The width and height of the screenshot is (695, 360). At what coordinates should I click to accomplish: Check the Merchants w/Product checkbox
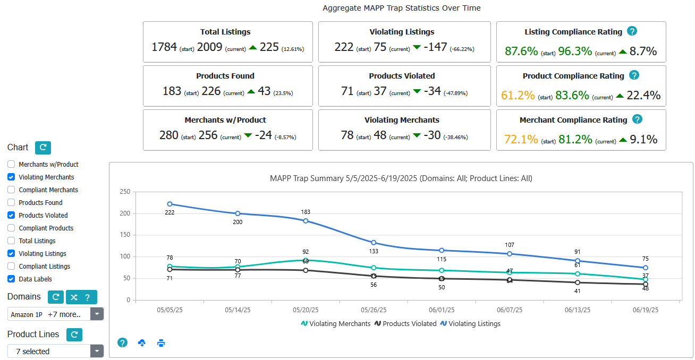11,165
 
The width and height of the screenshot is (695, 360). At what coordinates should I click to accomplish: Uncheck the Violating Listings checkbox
11,254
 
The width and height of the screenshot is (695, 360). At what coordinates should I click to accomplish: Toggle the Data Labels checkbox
11,279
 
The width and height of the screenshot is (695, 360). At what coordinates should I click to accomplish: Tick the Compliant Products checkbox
11,228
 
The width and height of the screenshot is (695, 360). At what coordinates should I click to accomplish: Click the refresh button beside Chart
43,148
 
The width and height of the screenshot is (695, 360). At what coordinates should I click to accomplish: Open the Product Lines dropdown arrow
97,351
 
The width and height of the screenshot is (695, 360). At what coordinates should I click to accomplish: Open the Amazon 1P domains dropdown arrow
97,314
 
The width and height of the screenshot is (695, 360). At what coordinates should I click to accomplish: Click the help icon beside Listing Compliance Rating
632,31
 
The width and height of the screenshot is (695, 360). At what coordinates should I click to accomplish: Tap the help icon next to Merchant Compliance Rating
637,119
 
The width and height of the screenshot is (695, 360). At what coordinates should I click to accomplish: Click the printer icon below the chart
161,343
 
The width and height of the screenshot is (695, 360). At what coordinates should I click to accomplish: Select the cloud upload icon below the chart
142,343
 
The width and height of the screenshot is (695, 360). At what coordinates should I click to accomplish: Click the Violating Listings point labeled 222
169,204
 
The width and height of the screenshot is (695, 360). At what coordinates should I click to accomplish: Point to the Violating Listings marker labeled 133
374,243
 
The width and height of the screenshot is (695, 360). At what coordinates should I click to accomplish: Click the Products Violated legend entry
405,323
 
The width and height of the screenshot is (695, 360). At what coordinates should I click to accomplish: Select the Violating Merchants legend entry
336,323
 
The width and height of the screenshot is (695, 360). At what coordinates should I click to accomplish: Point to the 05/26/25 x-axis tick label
374,310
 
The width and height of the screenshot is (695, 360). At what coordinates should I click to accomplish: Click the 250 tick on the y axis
125,192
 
